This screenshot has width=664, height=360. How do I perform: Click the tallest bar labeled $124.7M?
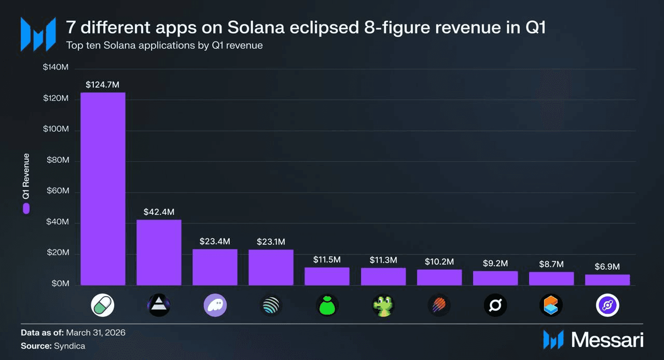coord(103,189)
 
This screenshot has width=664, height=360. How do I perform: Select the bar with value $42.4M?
coord(159,253)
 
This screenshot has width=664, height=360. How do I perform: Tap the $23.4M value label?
coord(215,242)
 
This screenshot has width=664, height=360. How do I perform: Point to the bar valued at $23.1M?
coord(271,268)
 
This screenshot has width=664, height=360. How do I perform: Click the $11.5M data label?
coord(327,259)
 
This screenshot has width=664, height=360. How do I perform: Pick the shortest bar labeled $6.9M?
coord(607,280)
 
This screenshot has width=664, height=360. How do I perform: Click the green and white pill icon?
coord(103,306)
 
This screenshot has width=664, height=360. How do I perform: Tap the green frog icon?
coord(383,306)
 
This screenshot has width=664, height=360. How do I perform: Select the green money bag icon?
coord(327,306)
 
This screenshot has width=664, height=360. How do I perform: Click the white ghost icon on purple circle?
coord(215,306)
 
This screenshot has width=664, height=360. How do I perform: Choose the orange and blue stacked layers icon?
coord(551,306)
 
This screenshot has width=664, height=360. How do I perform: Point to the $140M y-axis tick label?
coord(56,67)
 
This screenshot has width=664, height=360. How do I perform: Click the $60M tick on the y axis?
coord(58,191)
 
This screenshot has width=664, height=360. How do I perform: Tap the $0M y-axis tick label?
coord(60,284)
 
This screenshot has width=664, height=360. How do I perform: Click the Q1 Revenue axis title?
coord(26,177)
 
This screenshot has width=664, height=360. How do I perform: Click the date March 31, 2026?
coord(95,333)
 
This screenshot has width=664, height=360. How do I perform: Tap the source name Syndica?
coord(70,345)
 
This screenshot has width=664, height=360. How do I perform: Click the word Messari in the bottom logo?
coord(607,340)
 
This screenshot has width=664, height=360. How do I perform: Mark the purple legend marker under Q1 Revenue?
coord(26,209)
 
